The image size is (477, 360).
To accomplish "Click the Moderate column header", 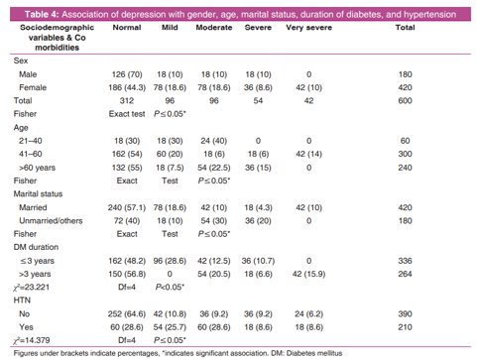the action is (x=214, y=28).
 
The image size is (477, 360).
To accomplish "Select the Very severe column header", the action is (x=308, y=28).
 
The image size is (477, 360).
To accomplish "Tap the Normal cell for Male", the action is (x=127, y=74).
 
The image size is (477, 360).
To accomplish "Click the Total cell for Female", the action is (x=405, y=87).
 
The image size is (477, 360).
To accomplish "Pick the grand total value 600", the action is (x=405, y=101).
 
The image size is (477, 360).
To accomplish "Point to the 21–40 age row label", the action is (x=31, y=141).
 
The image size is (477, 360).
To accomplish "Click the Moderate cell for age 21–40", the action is (x=214, y=141).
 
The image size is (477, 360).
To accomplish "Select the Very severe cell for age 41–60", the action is (x=308, y=154).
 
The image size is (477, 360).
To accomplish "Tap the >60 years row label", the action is (x=37, y=168).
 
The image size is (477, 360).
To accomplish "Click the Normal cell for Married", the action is (x=127, y=207).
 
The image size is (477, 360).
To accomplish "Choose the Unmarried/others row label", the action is (x=51, y=221).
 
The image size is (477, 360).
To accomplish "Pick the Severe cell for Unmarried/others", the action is (x=258, y=221).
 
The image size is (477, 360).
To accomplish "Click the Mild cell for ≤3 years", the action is (x=170, y=261).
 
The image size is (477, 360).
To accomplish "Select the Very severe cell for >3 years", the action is (x=308, y=274).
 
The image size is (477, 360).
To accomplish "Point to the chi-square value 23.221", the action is (x=31, y=288).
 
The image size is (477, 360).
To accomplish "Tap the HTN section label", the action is (x=22, y=300).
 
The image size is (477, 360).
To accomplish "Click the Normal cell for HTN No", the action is (x=127, y=314).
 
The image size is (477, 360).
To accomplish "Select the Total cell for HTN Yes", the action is (x=405, y=327).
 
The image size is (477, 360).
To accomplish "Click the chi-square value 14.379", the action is (x=31, y=340).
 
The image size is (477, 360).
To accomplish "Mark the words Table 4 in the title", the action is (x=42, y=15).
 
